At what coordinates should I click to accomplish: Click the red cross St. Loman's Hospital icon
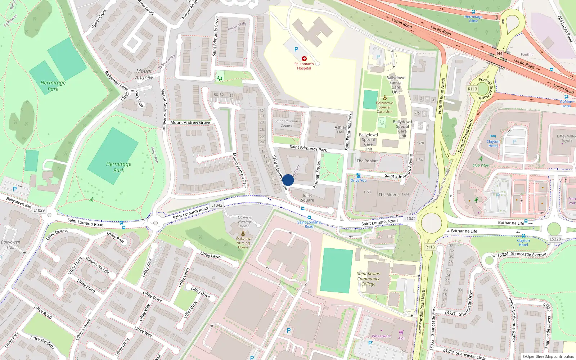click(304, 58)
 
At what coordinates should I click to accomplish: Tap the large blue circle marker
click(288, 180)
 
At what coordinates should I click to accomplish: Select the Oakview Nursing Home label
click(243, 243)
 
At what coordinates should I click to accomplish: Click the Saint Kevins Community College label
click(368, 279)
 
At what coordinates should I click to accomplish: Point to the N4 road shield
click(499, 54)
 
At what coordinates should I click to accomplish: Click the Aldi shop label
click(401, 338)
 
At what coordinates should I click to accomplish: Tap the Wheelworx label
click(381, 336)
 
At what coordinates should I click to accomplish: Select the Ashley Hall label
click(341, 130)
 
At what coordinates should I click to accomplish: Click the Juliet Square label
click(307, 198)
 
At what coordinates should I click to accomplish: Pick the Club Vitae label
click(481, 165)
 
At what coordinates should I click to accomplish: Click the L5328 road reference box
click(555, 239)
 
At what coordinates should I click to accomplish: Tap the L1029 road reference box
click(39, 210)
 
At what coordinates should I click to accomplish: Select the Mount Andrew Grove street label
click(190, 122)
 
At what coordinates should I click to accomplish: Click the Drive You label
click(359, 180)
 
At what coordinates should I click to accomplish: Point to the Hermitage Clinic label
click(473, 19)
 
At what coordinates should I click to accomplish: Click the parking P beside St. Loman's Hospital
click(296, 49)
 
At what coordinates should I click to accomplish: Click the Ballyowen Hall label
click(11, 244)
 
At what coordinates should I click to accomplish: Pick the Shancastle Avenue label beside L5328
click(528, 254)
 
